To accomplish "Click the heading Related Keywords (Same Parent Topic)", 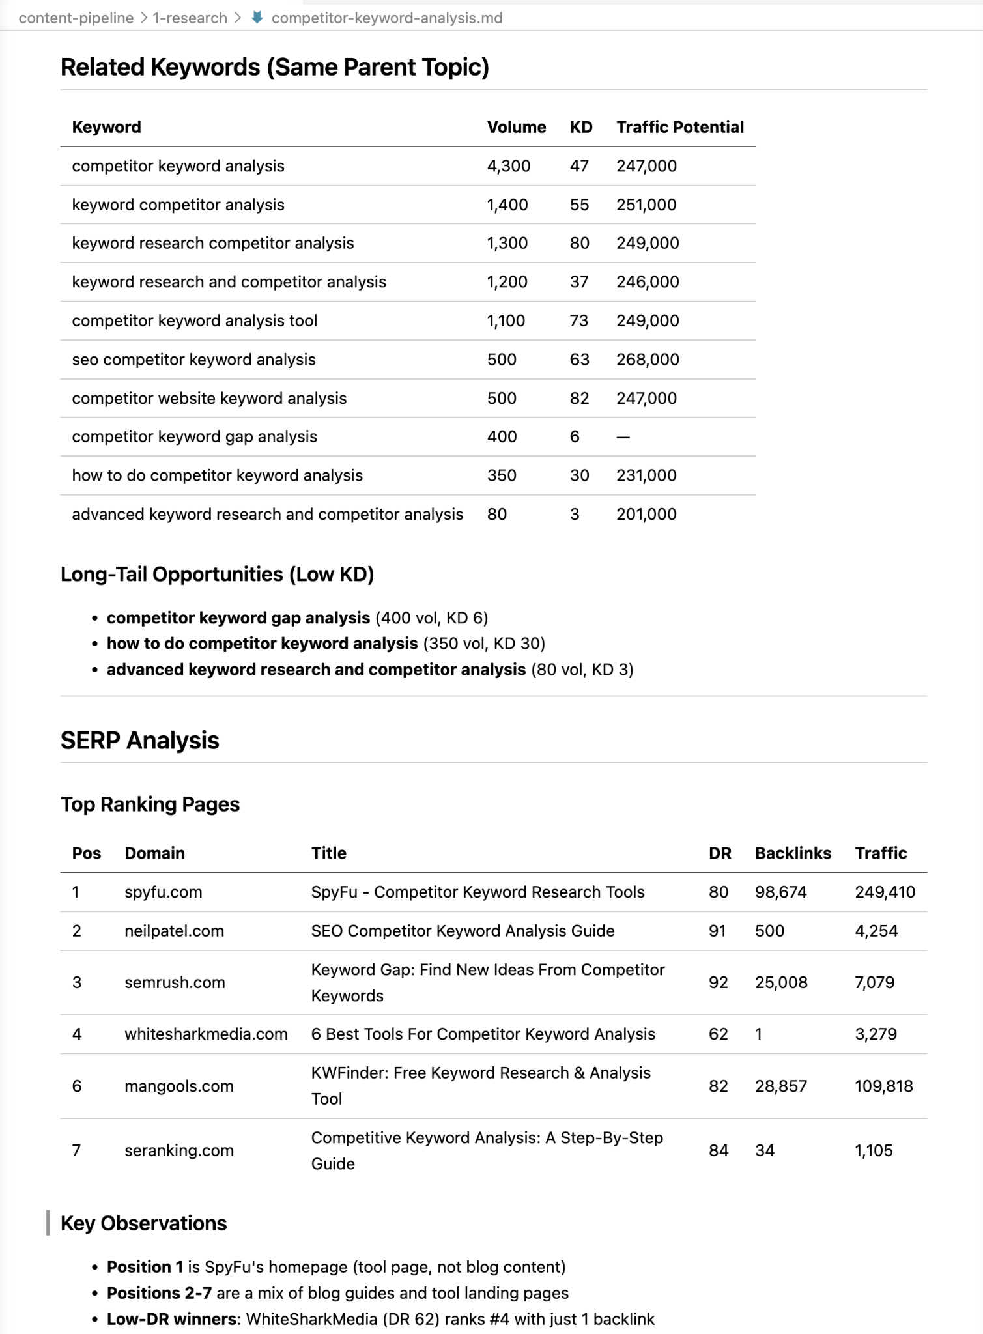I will (274, 67).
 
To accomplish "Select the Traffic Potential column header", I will (679, 127).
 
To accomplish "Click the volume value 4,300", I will (508, 166).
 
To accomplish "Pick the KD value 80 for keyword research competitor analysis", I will (579, 243).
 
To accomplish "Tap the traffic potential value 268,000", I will (648, 360).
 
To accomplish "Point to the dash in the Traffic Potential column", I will (623, 436).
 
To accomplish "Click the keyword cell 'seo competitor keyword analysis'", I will (193, 360).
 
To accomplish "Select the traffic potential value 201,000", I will (646, 514).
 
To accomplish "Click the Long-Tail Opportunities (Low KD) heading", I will (217, 574).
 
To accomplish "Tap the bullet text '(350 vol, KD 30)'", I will (484, 644).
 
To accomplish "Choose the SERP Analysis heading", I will (139, 741).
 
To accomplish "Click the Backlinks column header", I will (793, 853).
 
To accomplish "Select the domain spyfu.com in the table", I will (163, 892).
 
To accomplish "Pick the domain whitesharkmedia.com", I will (206, 1034).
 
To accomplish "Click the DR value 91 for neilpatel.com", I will (717, 931).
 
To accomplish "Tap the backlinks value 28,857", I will (780, 1086).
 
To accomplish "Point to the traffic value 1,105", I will (874, 1150).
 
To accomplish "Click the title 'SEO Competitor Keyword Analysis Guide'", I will (463, 931).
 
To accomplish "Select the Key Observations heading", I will (143, 1223).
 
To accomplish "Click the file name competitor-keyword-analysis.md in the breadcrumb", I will (386, 18).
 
